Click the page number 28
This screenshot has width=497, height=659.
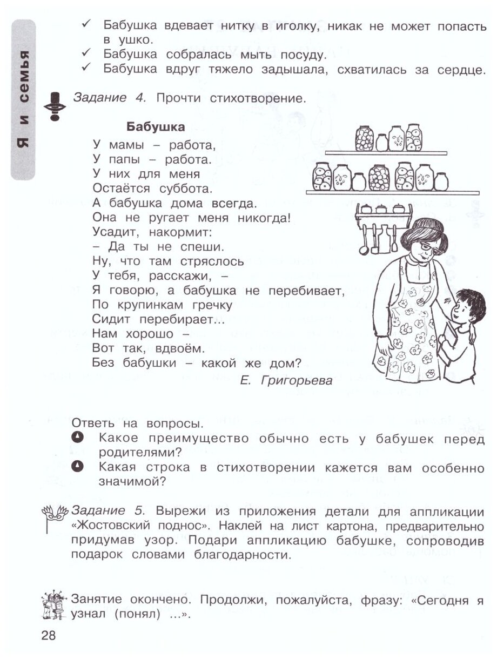click(48, 635)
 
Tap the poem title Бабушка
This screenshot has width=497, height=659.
click(156, 127)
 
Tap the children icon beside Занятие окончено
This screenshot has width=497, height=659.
click(54, 605)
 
